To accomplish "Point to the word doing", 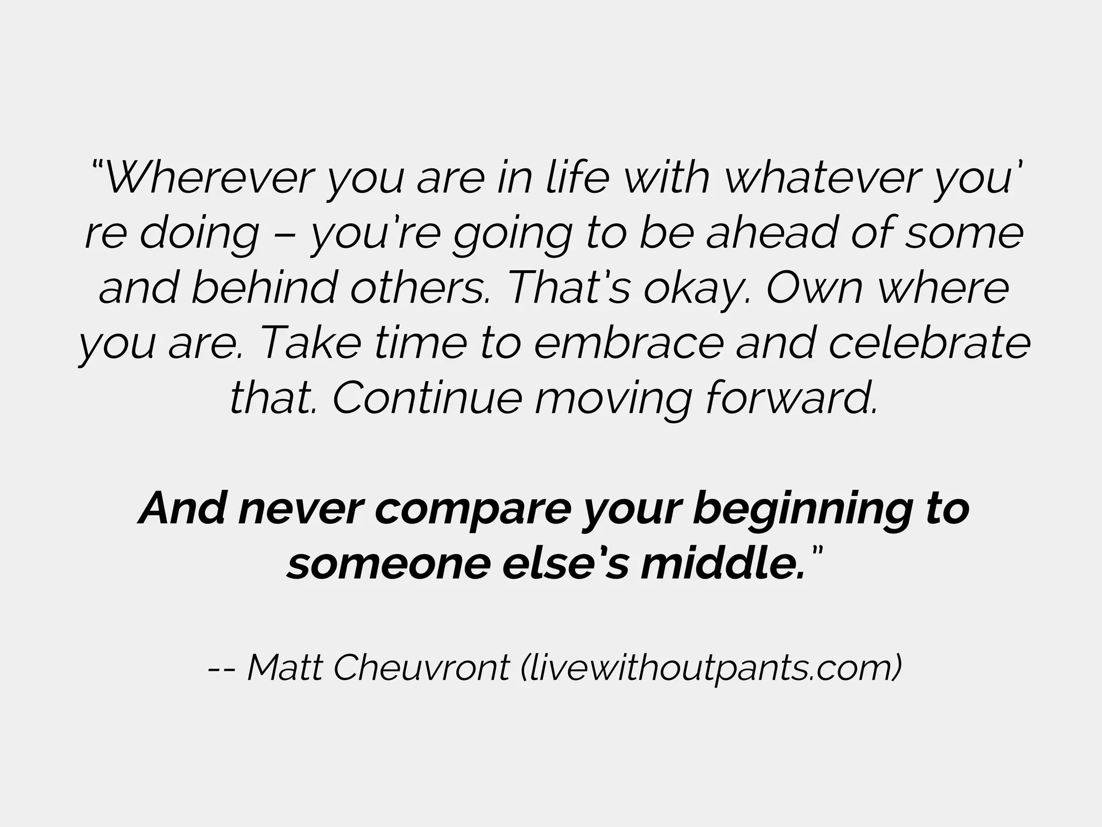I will (x=199, y=234).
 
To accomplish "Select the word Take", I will (x=309, y=343).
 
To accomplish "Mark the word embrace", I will (x=627, y=343).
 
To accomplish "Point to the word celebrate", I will (x=929, y=343).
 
